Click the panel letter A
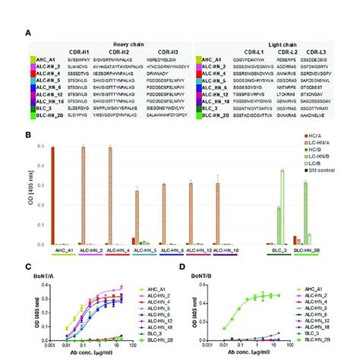[x=28, y=33]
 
